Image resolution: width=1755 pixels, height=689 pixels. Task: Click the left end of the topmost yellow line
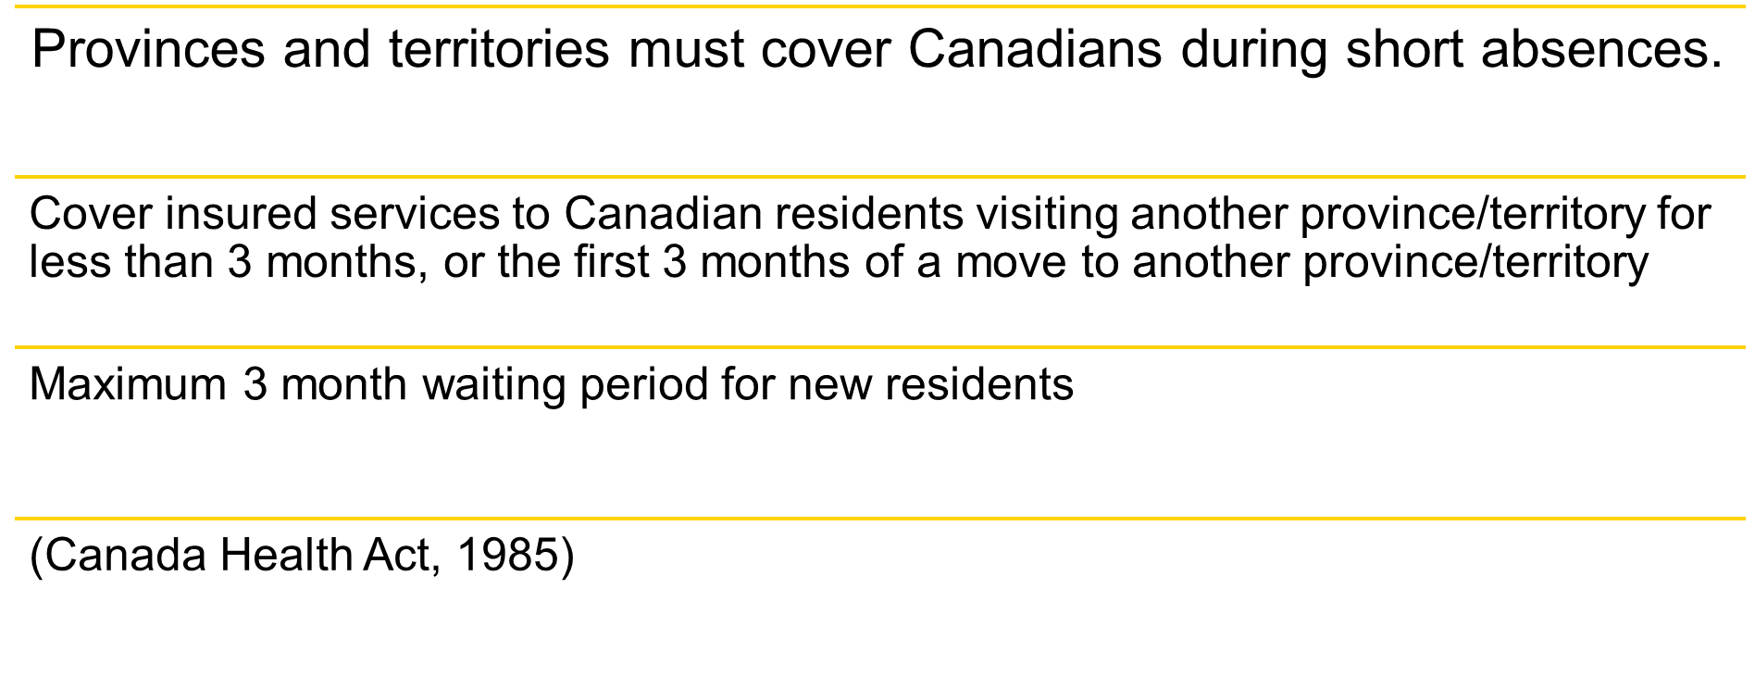click(17, 6)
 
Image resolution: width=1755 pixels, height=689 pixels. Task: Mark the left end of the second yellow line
click(17, 176)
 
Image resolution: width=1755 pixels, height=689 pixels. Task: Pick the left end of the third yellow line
click(17, 347)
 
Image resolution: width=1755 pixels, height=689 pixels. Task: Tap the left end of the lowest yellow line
click(17, 519)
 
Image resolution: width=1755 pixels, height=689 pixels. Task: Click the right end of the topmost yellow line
click(1744, 6)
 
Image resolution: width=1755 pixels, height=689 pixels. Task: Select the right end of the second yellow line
click(1744, 176)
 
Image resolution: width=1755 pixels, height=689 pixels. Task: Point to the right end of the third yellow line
click(1744, 347)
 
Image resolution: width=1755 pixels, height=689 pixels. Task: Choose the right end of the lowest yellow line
click(1744, 519)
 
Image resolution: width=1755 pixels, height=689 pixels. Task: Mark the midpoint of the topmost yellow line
click(880, 6)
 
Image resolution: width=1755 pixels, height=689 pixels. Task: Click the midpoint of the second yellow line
click(880, 176)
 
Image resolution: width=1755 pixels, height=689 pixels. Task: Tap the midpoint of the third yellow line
click(880, 347)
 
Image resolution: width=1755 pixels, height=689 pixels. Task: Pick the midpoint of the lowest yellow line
click(880, 519)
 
